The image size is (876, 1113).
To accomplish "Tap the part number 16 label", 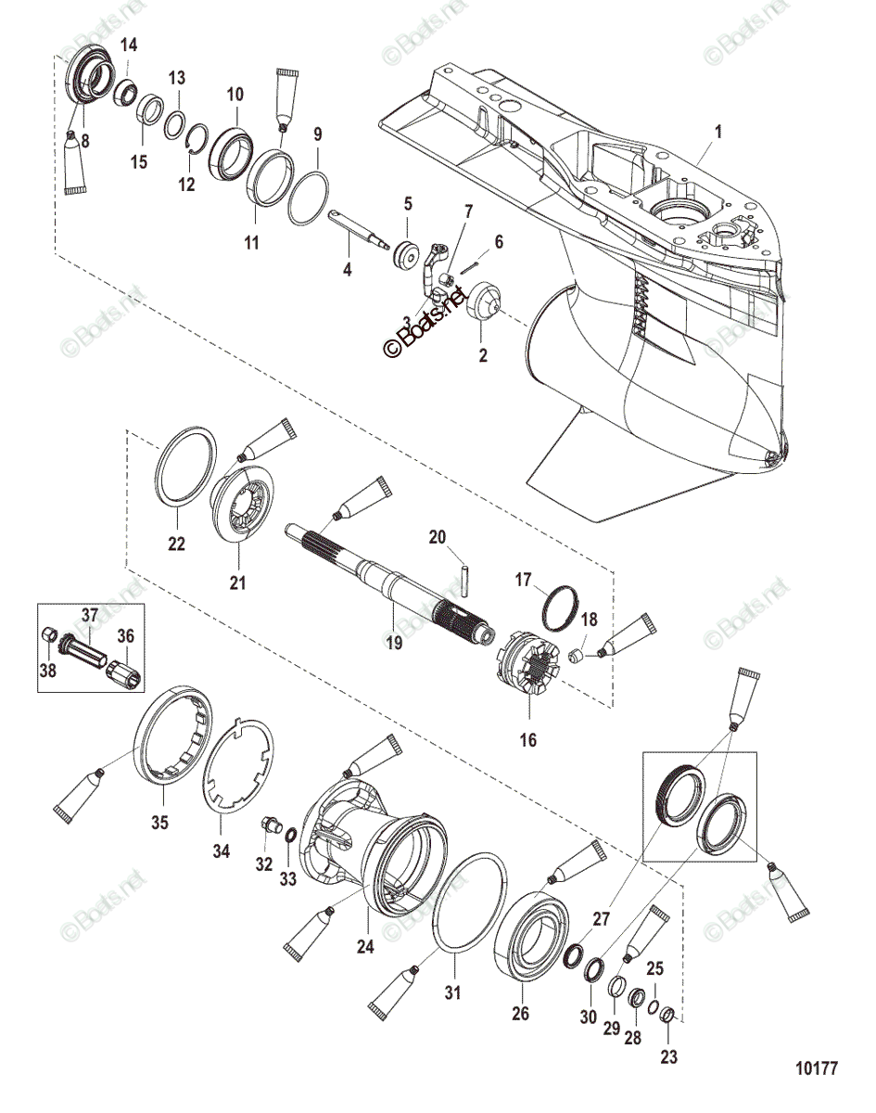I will tap(527, 739).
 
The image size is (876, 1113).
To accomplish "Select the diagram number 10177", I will tap(816, 1068).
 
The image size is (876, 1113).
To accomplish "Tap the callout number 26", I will tap(521, 1014).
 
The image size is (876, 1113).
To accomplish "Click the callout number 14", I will tap(129, 45).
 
